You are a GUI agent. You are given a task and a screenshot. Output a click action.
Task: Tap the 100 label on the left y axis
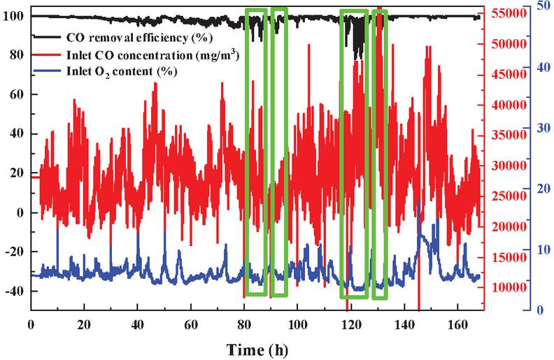coord(14,15)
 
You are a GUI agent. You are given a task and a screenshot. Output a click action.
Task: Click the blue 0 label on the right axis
coord(540,310)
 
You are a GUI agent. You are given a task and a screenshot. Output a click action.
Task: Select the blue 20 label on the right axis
coord(540,188)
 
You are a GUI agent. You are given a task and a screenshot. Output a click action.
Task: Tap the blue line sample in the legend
coord(49,71)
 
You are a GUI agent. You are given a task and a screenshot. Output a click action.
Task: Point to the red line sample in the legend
coord(49,54)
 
